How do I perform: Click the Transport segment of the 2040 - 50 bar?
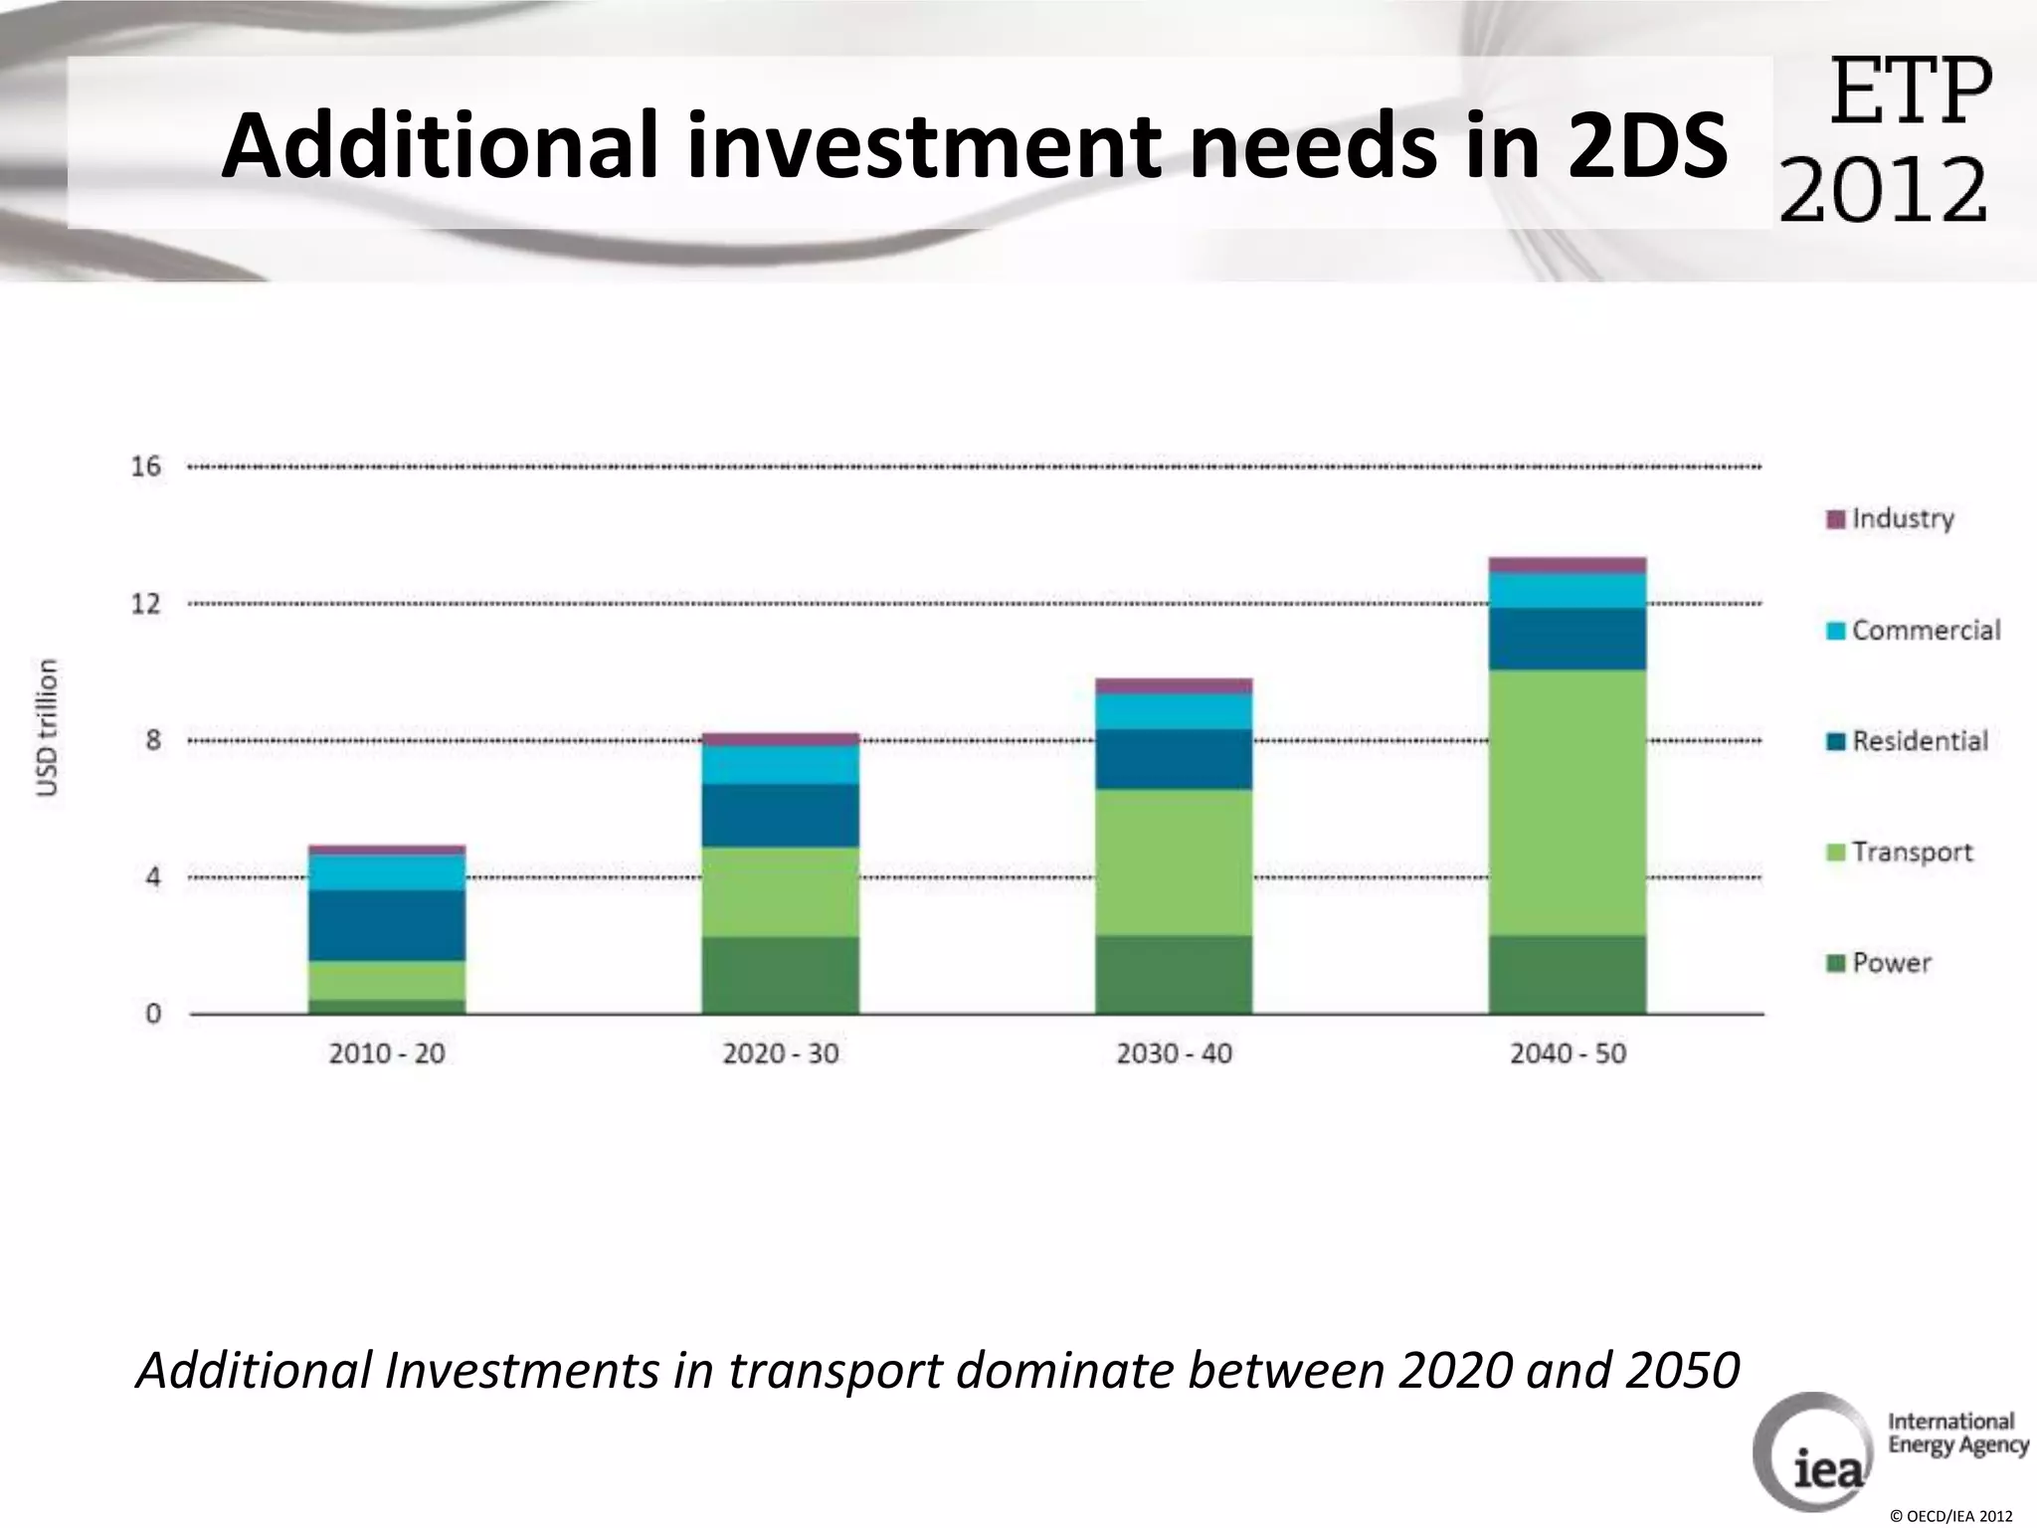coord(1567,802)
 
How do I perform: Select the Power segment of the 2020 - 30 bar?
coord(780,975)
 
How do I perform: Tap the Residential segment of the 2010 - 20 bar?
coord(387,925)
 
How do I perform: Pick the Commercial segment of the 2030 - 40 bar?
coord(1174,710)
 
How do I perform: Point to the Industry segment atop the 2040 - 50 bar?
coord(1567,565)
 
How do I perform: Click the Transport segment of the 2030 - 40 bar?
coord(1174,861)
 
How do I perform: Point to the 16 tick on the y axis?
coord(146,467)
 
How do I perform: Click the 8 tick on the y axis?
coord(153,740)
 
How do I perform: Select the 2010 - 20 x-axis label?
coord(387,1053)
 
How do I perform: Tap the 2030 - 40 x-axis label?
coord(1174,1053)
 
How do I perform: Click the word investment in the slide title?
coord(922,145)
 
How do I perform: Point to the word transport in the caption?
coord(834,1370)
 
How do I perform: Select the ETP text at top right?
coord(1910,92)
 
